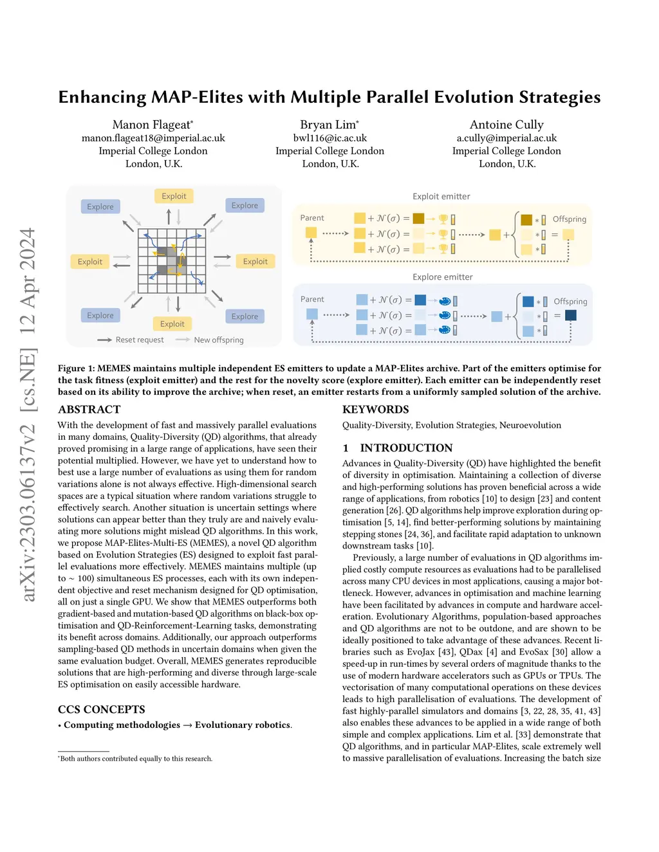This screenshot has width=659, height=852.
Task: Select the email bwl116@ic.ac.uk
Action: click(329, 138)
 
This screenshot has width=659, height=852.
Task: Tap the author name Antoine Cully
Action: click(506, 125)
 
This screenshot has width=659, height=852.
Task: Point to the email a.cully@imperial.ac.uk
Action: click(506, 138)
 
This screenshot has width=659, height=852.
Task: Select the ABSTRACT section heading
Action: click(89, 410)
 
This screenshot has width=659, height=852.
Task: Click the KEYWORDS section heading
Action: click(375, 410)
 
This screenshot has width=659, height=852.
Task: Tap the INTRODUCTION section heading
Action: click(406, 448)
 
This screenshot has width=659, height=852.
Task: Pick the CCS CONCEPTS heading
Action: click(102, 710)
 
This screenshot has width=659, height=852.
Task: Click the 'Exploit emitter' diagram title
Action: click(441, 196)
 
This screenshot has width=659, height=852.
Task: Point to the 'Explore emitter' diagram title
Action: click(442, 277)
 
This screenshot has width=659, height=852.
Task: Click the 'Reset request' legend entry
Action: click(139, 340)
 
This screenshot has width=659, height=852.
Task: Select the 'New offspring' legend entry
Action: click(219, 340)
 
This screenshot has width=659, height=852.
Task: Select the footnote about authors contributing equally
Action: click(136, 759)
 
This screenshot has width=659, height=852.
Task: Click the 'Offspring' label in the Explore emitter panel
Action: click(570, 302)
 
